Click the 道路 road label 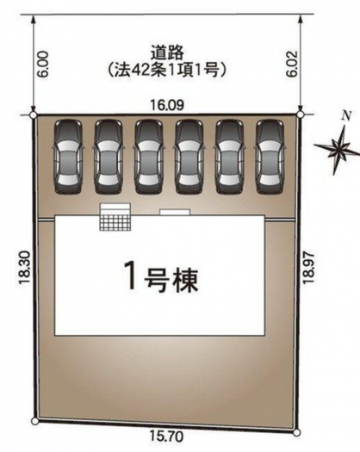click(x=167, y=53)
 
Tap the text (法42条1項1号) click(x=167, y=70)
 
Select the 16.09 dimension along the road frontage click(x=167, y=105)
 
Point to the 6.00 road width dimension click(x=43, y=65)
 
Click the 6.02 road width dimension click(x=292, y=64)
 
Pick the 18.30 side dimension click(x=24, y=268)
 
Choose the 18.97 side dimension click(x=308, y=267)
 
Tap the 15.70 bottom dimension click(x=166, y=437)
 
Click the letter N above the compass click(x=346, y=116)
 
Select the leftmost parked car click(x=68, y=157)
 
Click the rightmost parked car click(x=270, y=157)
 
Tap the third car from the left click(x=149, y=157)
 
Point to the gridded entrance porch click(x=115, y=222)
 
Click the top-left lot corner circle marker click(x=34, y=115)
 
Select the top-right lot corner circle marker click(x=301, y=115)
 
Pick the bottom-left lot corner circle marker click(x=35, y=421)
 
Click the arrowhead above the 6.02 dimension click(x=301, y=20)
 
